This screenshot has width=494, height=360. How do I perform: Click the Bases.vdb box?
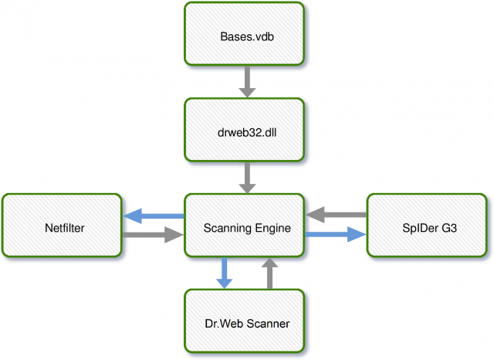(x=244, y=34)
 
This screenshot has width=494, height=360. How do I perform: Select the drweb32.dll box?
(x=244, y=130)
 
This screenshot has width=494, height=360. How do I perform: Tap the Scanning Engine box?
(x=244, y=225)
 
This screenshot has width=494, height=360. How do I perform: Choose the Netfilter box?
(x=62, y=225)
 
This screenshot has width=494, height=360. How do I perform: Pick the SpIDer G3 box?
(x=427, y=225)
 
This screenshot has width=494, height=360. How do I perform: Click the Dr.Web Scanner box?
(x=244, y=321)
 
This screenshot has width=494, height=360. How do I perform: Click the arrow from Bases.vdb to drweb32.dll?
(x=247, y=82)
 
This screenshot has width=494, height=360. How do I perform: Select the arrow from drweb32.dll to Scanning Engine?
(x=247, y=178)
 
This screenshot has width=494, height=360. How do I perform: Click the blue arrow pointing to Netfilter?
(x=154, y=216)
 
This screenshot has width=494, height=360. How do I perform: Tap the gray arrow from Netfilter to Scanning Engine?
(x=153, y=235)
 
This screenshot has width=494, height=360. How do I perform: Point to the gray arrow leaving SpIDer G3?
(x=337, y=215)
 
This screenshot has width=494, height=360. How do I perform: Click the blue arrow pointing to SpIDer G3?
(x=335, y=234)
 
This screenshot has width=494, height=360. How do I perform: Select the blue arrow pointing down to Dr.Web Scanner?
(x=225, y=273)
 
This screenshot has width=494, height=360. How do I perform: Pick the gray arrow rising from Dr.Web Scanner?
(x=269, y=273)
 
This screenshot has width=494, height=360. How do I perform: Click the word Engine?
(x=272, y=229)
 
